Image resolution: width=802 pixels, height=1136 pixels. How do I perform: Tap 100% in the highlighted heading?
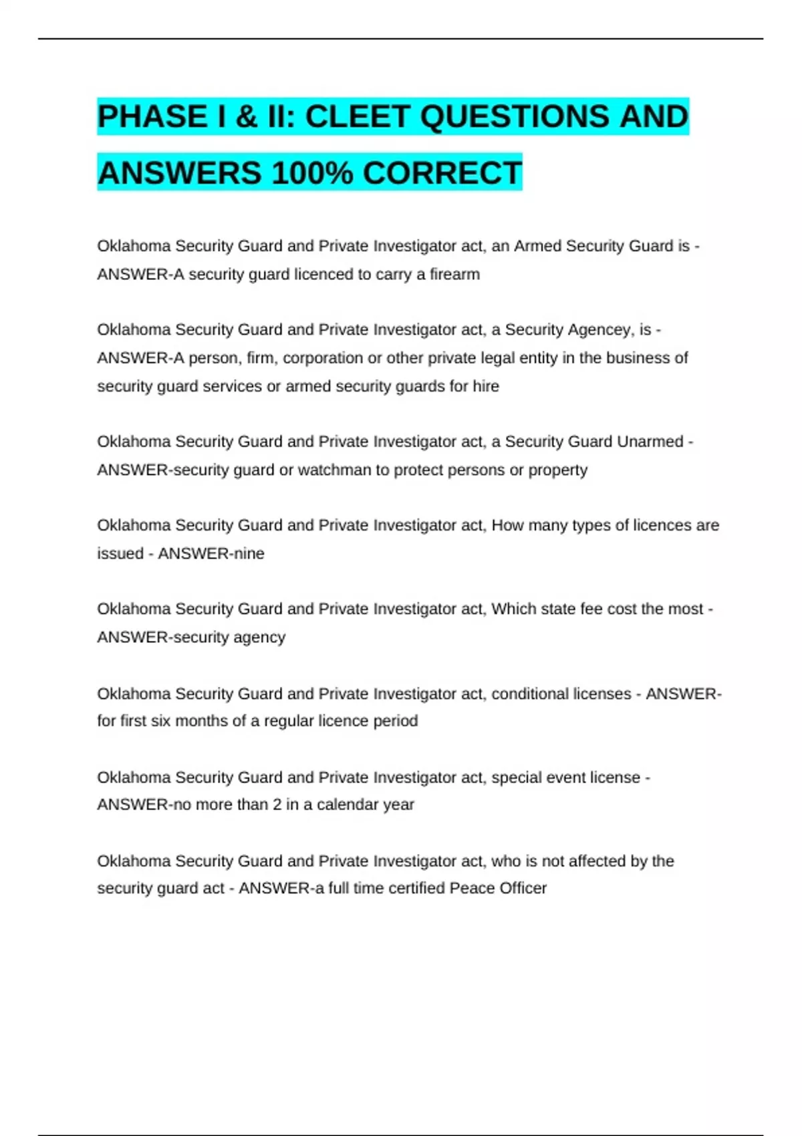312,173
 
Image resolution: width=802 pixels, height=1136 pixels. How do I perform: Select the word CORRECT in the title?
442,173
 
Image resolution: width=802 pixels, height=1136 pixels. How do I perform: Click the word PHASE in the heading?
152,116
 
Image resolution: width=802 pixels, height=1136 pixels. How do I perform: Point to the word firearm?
454,274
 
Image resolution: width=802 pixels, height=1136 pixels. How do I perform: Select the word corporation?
323,358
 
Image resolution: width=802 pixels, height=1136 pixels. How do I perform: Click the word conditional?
527,694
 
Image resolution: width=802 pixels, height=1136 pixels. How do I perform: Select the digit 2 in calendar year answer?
277,805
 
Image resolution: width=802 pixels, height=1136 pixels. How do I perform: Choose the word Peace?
471,888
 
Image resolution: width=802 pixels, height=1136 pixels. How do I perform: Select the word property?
558,470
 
